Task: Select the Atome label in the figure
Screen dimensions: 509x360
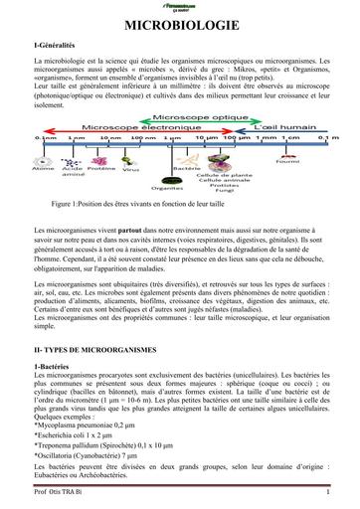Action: point(44,169)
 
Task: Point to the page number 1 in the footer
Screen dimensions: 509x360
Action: point(326,491)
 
